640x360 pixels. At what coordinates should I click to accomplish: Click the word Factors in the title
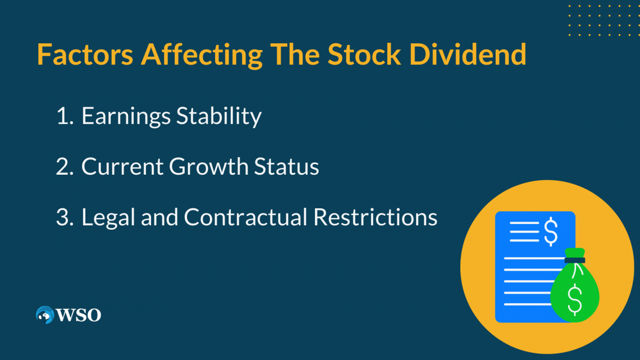pyautogui.click(x=85, y=54)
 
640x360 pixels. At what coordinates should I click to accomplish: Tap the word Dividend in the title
pyautogui.click(x=468, y=54)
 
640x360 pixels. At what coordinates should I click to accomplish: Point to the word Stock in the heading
pyautogui.click(x=364, y=54)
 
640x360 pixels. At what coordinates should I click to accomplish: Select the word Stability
pyautogui.click(x=219, y=116)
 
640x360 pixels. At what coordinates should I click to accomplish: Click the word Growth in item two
pyautogui.click(x=209, y=167)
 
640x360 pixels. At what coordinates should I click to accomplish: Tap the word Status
pyautogui.click(x=286, y=167)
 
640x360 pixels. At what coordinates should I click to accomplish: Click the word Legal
pyautogui.click(x=108, y=217)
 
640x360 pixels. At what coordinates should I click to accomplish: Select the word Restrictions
pyautogui.click(x=375, y=217)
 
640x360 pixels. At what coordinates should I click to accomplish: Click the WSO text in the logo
pyautogui.click(x=79, y=315)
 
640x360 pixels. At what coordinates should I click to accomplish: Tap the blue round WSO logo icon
pyautogui.click(x=45, y=315)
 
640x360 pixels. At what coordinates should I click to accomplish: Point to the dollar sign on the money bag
pyautogui.click(x=575, y=300)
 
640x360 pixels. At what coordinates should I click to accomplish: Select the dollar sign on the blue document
pyautogui.click(x=551, y=231)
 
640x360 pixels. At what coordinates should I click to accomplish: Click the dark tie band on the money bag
pyautogui.click(x=575, y=260)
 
